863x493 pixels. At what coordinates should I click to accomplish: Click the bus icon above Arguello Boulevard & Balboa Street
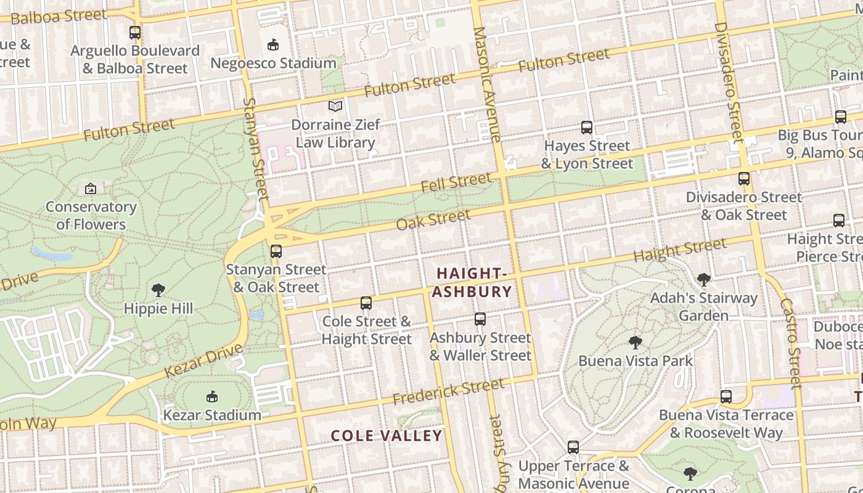[134, 33]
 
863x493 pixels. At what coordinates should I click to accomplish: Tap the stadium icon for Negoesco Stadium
[273, 44]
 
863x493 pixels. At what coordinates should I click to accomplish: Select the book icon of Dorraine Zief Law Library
[335, 106]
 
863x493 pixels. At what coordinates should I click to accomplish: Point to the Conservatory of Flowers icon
[91, 189]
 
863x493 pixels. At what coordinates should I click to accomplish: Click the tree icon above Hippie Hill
[158, 290]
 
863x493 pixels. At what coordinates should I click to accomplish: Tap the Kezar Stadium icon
[212, 396]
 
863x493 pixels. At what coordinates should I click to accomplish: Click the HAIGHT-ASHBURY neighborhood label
[472, 282]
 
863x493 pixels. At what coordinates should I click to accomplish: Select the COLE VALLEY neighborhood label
[387, 436]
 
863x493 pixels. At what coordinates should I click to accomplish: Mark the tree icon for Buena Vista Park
[635, 342]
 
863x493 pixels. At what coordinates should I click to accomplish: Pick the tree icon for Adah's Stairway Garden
[703, 280]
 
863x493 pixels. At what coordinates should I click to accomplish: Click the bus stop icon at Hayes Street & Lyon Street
[587, 128]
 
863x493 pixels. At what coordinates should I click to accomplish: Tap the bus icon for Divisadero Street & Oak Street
[744, 179]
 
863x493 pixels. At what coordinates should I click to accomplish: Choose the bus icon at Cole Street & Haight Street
[366, 303]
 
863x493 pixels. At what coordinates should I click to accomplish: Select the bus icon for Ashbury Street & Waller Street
[480, 319]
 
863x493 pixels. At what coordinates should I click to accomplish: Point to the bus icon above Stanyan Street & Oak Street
[276, 251]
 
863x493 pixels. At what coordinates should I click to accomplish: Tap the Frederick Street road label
[448, 392]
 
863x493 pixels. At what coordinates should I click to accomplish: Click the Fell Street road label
[456, 182]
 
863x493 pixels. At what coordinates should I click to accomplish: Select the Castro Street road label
[791, 343]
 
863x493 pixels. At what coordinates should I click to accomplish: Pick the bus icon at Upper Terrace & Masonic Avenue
[573, 447]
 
